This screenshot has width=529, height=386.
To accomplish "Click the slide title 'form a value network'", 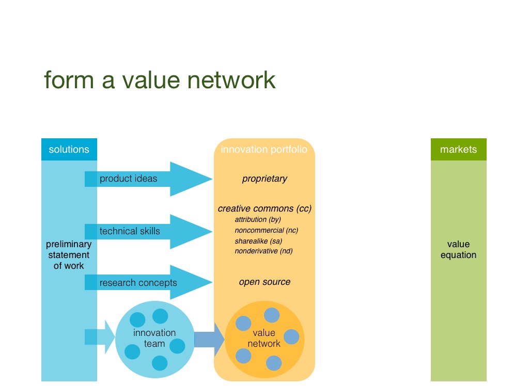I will pyautogui.click(x=160, y=80).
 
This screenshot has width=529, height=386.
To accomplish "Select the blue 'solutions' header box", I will pyautogui.click(x=69, y=150).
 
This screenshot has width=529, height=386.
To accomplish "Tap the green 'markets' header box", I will pyautogui.click(x=458, y=150).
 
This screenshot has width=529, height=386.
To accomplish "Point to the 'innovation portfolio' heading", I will pyautogui.click(x=264, y=150).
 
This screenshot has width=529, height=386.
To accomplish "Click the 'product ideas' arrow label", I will pyautogui.click(x=128, y=179).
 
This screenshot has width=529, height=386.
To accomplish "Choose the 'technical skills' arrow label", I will pyautogui.click(x=130, y=231).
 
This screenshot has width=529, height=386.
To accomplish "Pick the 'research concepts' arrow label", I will pyautogui.click(x=138, y=283).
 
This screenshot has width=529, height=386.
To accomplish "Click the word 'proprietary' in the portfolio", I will pyautogui.click(x=264, y=179).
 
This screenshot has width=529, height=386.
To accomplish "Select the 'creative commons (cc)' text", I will pyautogui.click(x=264, y=208).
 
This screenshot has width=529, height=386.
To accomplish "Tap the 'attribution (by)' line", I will pyautogui.click(x=258, y=220).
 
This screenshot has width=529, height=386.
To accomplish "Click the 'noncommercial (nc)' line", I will pyautogui.click(x=267, y=230).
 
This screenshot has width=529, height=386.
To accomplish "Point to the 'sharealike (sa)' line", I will pyautogui.click(x=258, y=240).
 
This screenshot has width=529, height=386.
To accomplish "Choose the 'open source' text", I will pyautogui.click(x=264, y=282).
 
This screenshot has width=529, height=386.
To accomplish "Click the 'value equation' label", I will pyautogui.click(x=458, y=250).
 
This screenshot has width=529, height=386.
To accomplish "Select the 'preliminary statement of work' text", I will pyautogui.click(x=69, y=255).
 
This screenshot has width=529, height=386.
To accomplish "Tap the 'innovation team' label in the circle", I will pyautogui.click(x=154, y=338).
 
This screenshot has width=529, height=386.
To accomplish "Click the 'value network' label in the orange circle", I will pyautogui.click(x=264, y=338).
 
